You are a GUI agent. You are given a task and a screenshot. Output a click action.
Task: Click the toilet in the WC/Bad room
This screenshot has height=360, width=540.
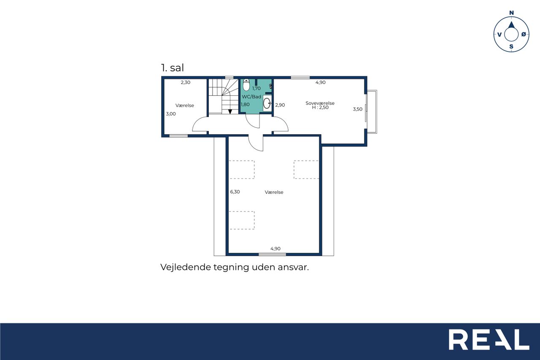click(246, 85)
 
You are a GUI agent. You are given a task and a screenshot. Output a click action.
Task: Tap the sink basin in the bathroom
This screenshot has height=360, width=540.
click(267, 103)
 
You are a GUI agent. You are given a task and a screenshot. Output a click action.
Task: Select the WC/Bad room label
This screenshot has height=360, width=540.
click(251, 97)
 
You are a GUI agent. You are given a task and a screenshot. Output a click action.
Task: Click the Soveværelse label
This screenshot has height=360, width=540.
click(320, 103)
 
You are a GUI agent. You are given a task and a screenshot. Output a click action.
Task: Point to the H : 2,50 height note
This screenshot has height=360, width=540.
click(320, 108)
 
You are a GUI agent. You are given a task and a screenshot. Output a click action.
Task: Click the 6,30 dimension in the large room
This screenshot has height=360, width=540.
click(235, 192)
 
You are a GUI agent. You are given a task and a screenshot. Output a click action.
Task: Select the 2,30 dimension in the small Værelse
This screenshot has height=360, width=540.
click(185, 82)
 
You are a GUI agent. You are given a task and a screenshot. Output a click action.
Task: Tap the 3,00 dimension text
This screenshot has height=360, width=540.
click(171, 114)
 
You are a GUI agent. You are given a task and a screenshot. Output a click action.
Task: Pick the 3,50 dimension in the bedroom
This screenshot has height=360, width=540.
click(357, 109)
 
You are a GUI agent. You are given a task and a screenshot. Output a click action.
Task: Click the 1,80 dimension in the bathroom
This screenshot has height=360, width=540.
click(245, 104)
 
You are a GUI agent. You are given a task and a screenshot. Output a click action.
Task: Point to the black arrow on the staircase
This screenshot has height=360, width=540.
click(230, 112)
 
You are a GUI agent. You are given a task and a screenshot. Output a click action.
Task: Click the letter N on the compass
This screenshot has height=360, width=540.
click(511, 13)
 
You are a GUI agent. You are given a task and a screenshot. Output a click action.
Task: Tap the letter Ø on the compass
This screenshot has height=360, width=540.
click(524, 35)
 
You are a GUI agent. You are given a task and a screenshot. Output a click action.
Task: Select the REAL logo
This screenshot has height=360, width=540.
click(489, 339)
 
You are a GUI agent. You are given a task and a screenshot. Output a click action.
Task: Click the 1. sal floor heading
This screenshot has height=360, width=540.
click(172, 68)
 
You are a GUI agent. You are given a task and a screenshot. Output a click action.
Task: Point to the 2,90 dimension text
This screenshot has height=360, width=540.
click(280, 105)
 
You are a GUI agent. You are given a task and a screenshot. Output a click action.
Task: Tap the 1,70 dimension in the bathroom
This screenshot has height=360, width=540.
click(256, 88)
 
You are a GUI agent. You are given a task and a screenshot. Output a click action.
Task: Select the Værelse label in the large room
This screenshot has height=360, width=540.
click(274, 192)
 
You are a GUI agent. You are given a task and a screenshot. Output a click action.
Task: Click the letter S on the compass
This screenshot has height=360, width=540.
click(511, 47)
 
